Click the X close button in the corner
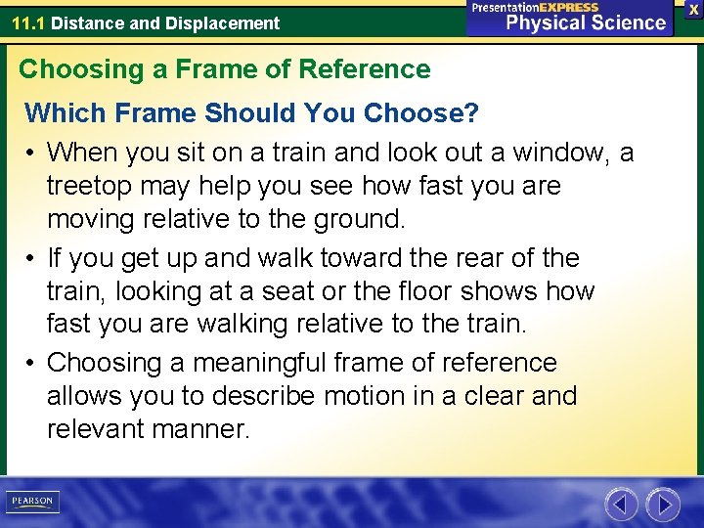click(693, 9)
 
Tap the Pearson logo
click(32, 502)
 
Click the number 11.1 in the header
click(27, 22)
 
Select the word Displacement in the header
click(230, 22)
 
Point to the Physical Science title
click(586, 22)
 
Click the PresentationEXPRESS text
click(535, 7)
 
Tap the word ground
click(359, 219)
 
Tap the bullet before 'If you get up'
click(31, 259)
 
